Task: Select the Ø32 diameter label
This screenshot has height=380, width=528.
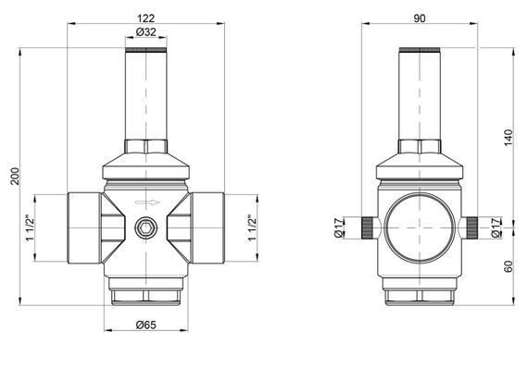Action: point(145,35)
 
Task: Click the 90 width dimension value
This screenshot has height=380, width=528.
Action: point(421,16)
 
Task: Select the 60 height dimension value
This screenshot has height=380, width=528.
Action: point(509,268)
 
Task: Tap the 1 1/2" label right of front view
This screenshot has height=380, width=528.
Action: point(252,227)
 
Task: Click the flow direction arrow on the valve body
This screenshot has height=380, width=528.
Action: point(146,202)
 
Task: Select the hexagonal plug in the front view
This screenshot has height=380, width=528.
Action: point(146,227)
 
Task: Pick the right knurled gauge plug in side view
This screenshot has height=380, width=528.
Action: point(473,227)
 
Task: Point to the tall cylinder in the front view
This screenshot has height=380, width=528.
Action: point(145,92)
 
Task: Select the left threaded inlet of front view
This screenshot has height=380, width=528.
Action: point(82,227)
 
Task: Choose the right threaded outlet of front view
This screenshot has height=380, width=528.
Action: point(208,227)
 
